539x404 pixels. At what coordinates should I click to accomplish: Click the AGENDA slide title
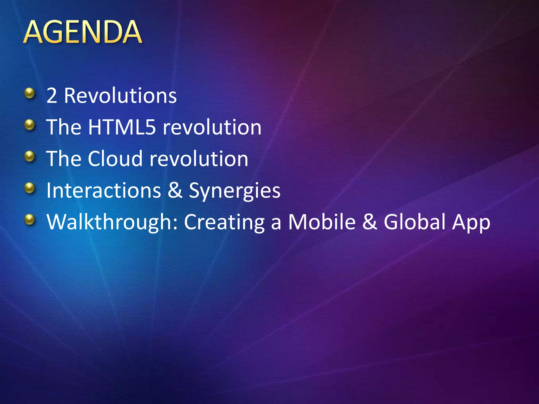coord(83,32)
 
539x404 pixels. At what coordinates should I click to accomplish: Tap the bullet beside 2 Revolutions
coord(30,93)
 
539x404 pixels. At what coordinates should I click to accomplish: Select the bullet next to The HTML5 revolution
coord(30,125)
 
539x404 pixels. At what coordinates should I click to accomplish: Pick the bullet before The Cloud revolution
coord(30,156)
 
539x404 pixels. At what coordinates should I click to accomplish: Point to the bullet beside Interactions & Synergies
coord(30,188)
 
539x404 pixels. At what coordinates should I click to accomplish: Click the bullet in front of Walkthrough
coord(30,220)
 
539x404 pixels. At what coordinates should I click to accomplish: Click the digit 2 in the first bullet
coord(52,95)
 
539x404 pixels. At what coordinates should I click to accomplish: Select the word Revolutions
coord(120,95)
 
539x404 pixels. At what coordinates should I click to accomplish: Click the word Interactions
coord(104,190)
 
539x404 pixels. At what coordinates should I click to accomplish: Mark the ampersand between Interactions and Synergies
coord(175,190)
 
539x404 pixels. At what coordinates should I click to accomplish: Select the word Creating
coord(224,222)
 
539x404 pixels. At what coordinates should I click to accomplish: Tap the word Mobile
coord(322,222)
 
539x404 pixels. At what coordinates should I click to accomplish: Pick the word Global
coord(414,222)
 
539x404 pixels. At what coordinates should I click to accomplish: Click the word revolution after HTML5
coord(212,127)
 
